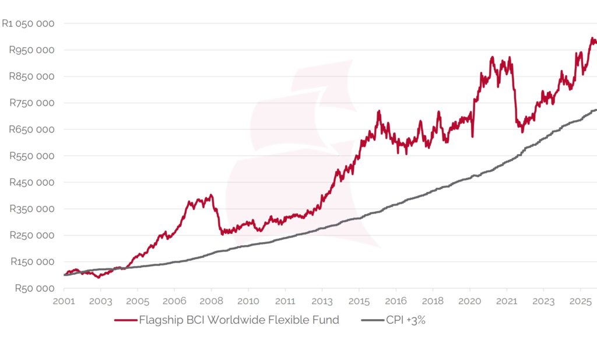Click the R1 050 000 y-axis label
click(29, 24)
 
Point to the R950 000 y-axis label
click(32, 50)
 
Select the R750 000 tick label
click(32, 103)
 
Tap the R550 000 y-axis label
click(32, 156)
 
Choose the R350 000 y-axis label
click(32, 209)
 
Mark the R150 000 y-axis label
click(32, 262)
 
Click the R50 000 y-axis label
click(34, 288)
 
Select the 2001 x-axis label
click(64, 302)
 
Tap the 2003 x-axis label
click(100, 302)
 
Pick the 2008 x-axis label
click(211, 302)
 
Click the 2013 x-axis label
click(322, 302)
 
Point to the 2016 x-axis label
click(396, 302)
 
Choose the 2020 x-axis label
click(469, 302)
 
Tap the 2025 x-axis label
click(580, 302)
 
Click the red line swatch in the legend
click(125, 320)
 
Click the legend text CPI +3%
click(406, 320)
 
